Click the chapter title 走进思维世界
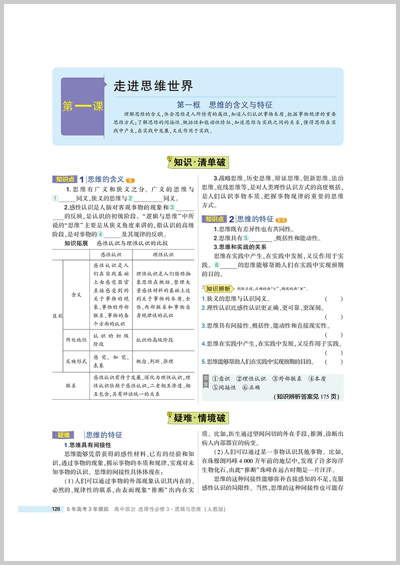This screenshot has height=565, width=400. point(153,86)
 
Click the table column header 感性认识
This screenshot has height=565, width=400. point(112,254)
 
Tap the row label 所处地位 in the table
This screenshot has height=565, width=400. point(76,339)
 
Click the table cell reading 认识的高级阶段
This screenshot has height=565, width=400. point(154,339)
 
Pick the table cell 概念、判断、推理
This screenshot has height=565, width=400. point(155,361)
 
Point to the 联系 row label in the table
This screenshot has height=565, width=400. point(70,385)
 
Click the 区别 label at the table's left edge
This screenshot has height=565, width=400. point(57,316)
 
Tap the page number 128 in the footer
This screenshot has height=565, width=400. point(56,510)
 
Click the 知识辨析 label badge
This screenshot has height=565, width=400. point(218,288)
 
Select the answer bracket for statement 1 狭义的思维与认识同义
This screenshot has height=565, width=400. point(333,299)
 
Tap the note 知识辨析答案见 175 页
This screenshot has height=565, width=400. point(307,397)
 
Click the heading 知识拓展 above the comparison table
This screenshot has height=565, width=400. point(76,244)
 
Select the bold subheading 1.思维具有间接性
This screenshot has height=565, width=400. point(87,445)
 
